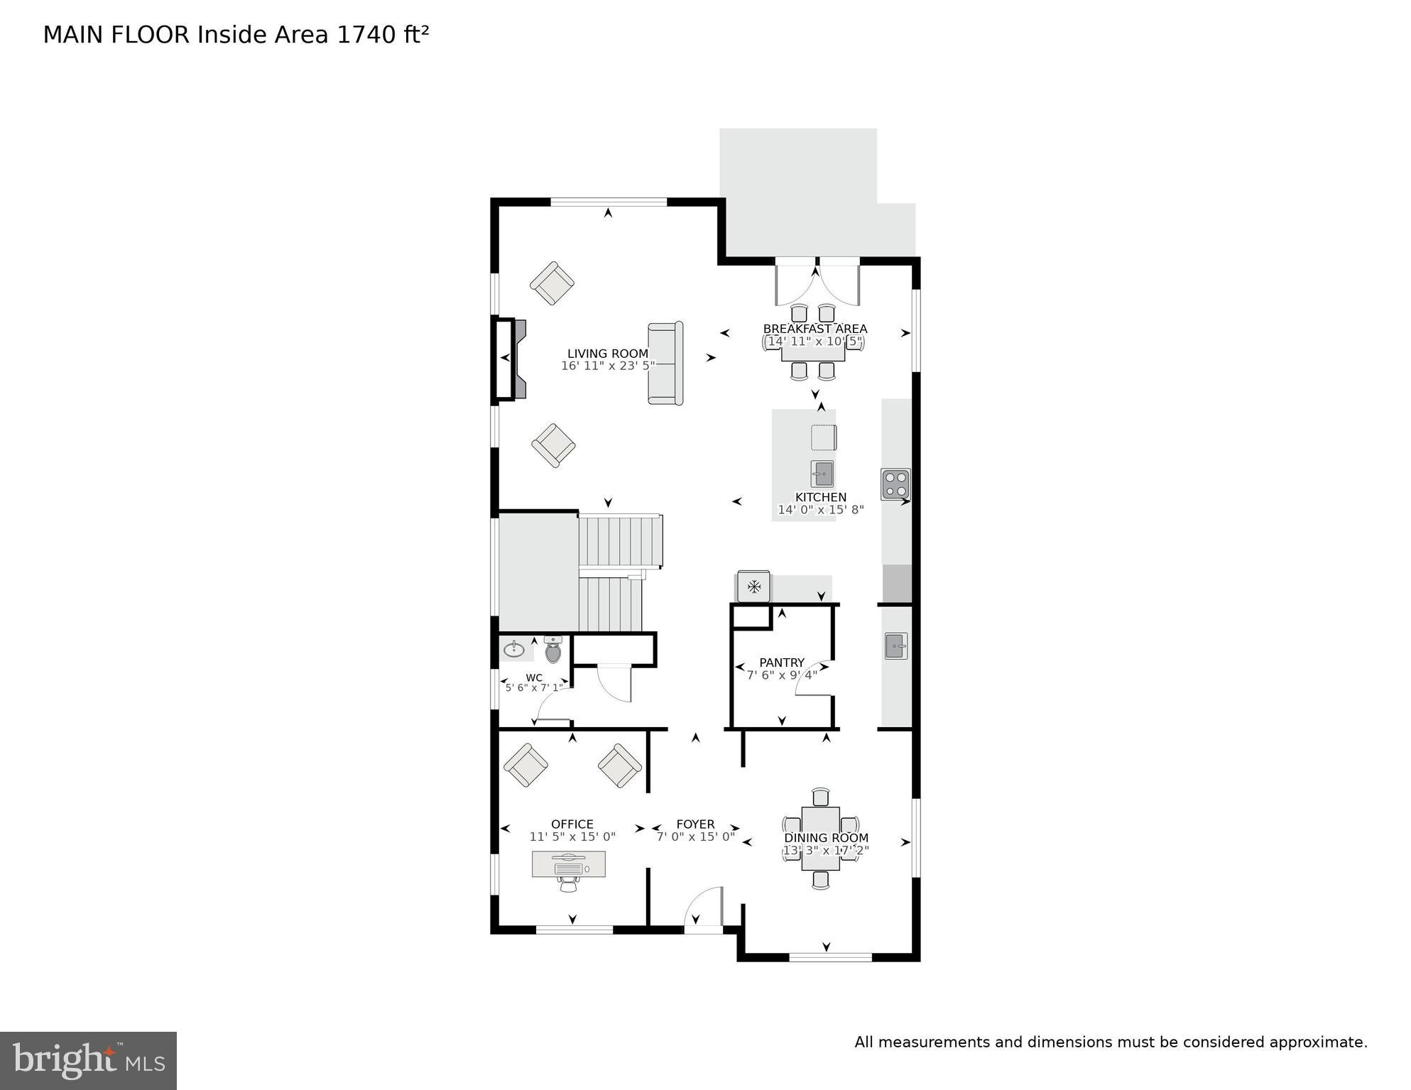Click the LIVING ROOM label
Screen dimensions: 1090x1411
pyautogui.click(x=607, y=354)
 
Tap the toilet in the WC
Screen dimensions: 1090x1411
pyautogui.click(x=552, y=650)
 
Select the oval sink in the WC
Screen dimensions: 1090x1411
pyautogui.click(x=514, y=649)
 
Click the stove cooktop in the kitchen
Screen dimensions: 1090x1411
pyautogui.click(x=895, y=484)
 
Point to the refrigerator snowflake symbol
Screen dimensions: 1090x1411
pyautogui.click(x=753, y=587)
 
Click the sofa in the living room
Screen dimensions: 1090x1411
pyautogui.click(x=665, y=364)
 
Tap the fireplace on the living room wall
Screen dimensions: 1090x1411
pyautogui.click(x=511, y=359)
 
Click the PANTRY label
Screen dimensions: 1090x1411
pyautogui.click(x=781, y=663)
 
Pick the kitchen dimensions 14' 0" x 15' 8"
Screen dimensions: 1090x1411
pyautogui.click(x=820, y=510)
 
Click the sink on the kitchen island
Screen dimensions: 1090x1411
pyautogui.click(x=822, y=473)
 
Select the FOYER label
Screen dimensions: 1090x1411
pyautogui.click(x=695, y=824)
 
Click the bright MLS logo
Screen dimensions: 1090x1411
pyautogui.click(x=88, y=1060)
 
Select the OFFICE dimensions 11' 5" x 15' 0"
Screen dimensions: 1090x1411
pyautogui.click(x=572, y=837)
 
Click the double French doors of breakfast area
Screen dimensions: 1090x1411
pyautogui.click(x=817, y=283)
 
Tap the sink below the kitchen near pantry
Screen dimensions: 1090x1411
pyautogui.click(x=895, y=646)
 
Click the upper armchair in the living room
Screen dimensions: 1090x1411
pyautogui.click(x=552, y=283)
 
